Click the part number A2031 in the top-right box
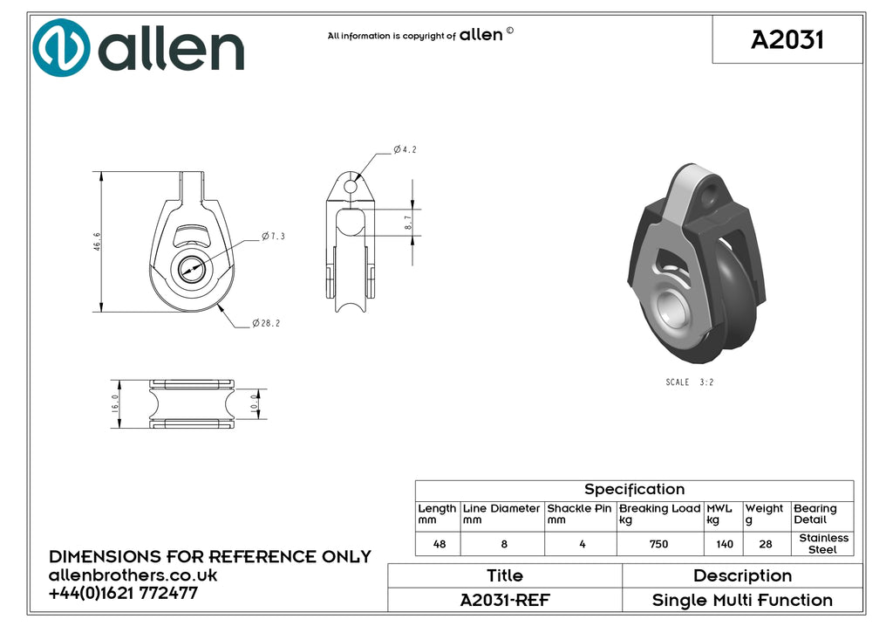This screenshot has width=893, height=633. pyautogui.click(x=787, y=40)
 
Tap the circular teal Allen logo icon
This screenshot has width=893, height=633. pyautogui.click(x=61, y=48)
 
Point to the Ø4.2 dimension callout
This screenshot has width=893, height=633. pyautogui.click(x=405, y=149)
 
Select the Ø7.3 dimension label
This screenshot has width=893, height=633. pyautogui.click(x=273, y=236)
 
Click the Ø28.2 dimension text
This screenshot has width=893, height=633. pyautogui.click(x=266, y=323)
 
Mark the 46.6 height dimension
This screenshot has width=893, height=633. pyautogui.click(x=97, y=241)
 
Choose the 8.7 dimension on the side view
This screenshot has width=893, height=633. pyautogui.click(x=408, y=223)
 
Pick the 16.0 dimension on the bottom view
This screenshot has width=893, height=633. pyautogui.click(x=115, y=403)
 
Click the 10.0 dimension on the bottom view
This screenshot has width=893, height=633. pyautogui.click(x=254, y=403)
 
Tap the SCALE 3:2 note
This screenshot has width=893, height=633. pyautogui.click(x=690, y=382)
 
